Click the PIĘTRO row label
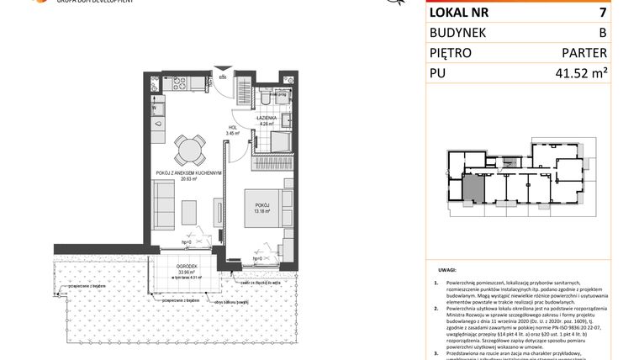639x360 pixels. tap(451, 54)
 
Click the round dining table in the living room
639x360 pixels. tap(188, 151)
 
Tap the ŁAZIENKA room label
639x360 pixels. tap(267, 120)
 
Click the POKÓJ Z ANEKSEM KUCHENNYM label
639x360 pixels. tap(187, 174)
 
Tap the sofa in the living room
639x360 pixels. tap(164, 201)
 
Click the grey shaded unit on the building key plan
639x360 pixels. tap(474, 188)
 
